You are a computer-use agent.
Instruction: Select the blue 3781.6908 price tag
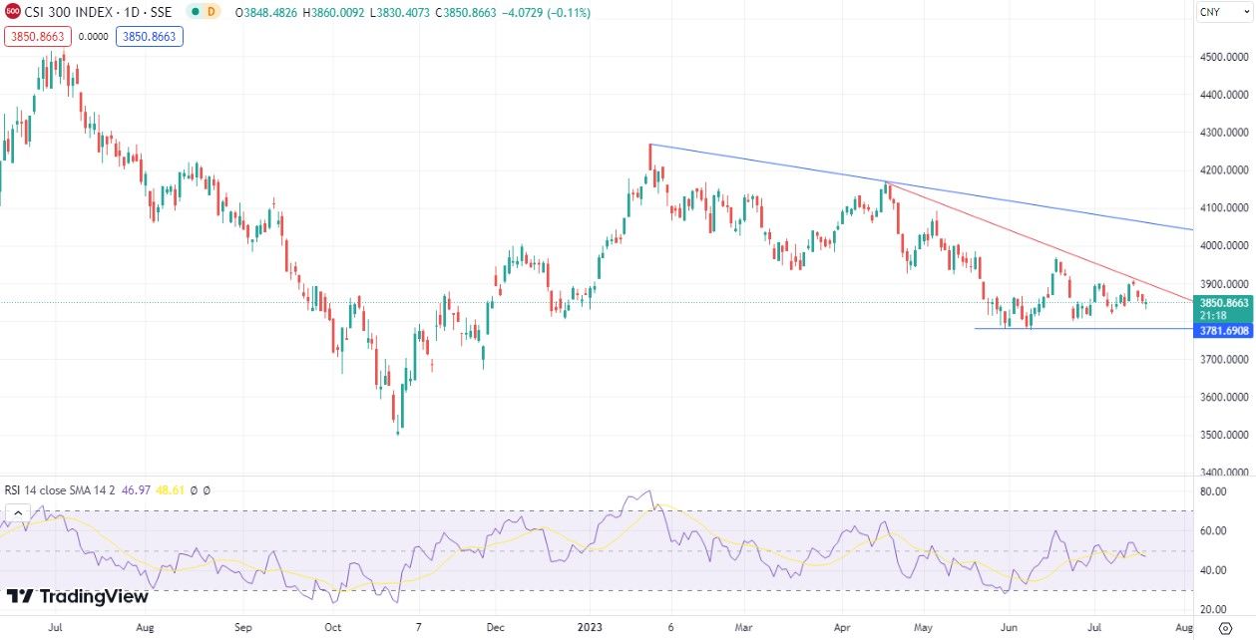[1223, 329]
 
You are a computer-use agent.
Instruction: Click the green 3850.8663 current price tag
[1223, 302]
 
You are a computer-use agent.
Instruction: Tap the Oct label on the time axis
[333, 628]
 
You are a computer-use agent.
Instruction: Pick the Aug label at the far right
[1184, 628]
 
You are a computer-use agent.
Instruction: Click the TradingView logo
[78, 596]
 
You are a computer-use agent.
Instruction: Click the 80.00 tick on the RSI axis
[1213, 491]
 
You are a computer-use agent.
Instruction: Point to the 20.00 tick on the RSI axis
[1213, 609]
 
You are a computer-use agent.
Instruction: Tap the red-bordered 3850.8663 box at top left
[36, 36]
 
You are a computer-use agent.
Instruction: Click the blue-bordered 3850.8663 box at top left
[150, 36]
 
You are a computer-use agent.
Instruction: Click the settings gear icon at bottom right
[1225, 628]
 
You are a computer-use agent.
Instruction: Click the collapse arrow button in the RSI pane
[16, 513]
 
